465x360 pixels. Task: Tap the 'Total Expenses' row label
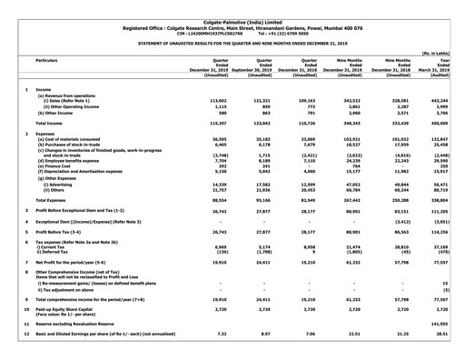click(55, 198)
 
